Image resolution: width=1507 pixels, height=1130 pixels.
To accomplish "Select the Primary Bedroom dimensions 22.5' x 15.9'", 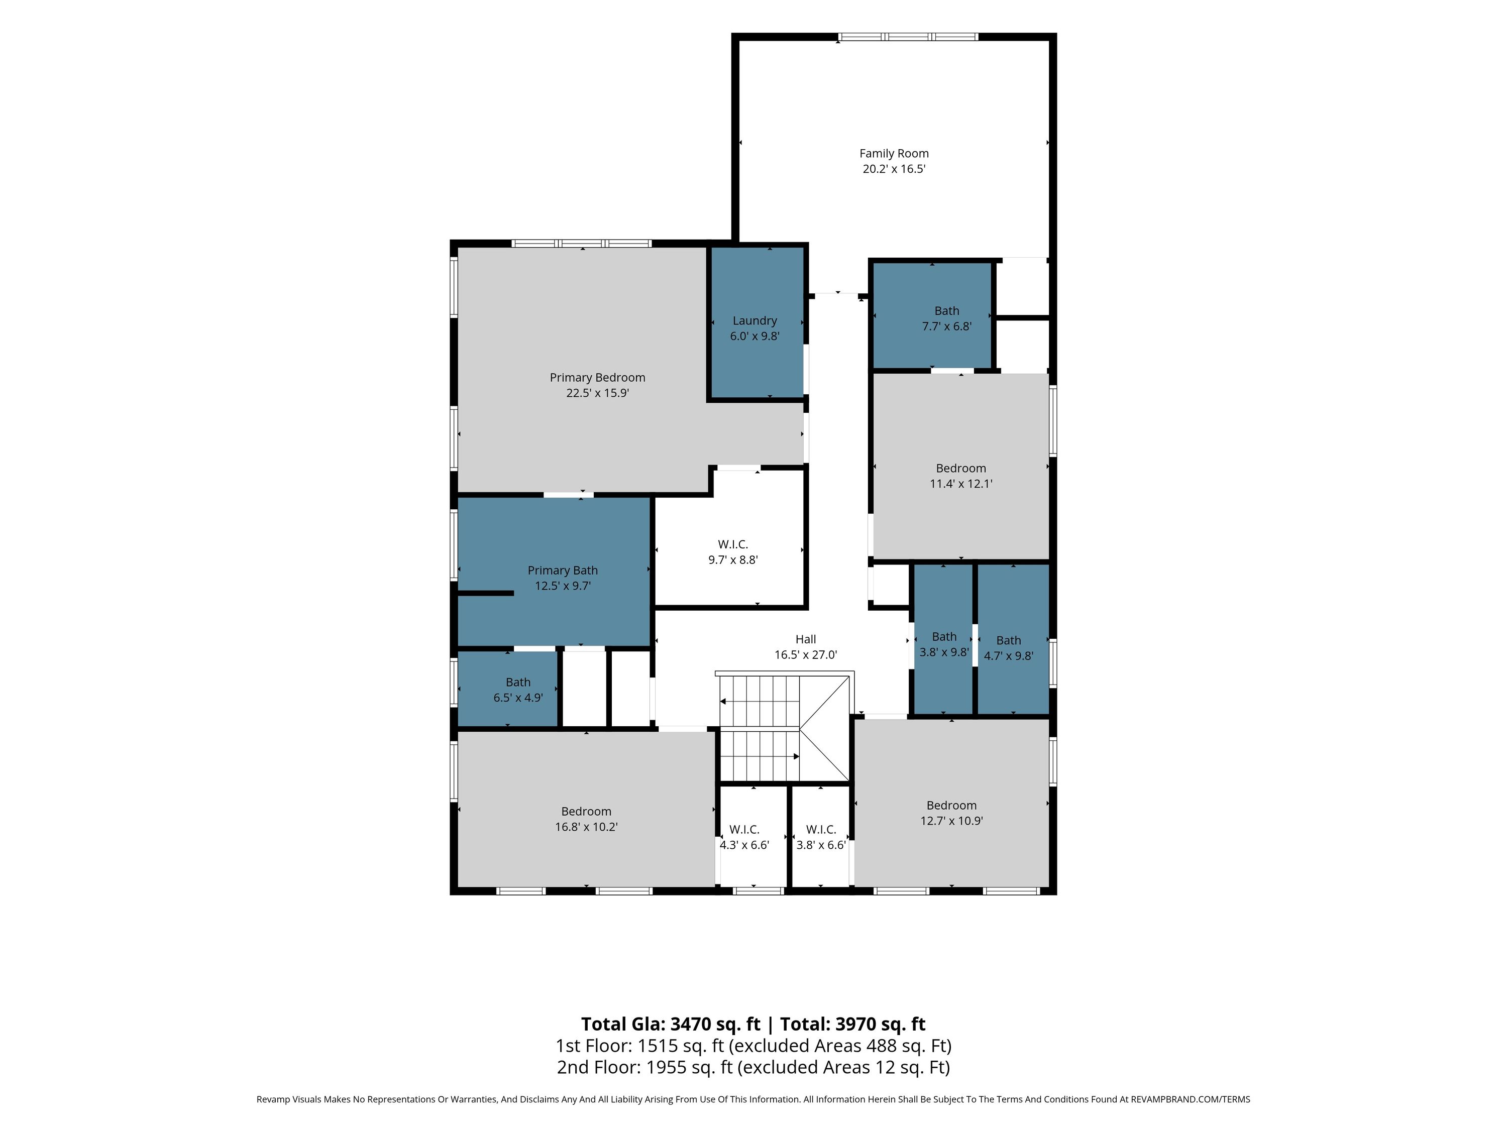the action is [597, 393].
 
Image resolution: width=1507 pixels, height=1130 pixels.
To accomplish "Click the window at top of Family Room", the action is [908, 37].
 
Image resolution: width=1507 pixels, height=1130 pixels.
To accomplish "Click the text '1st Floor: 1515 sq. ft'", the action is [640, 1046].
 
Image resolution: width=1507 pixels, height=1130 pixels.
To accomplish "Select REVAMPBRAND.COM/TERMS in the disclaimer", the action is [1190, 1099].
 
